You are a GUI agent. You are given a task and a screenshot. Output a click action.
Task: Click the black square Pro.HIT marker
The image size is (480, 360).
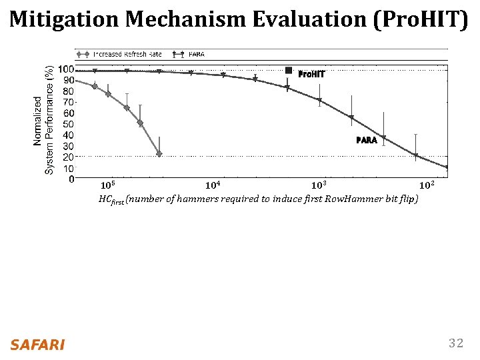coord(289,70)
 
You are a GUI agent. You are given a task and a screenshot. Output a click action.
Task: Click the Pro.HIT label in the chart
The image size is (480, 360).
coord(311,73)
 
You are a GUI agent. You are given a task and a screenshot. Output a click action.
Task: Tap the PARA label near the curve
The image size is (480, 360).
coord(367,141)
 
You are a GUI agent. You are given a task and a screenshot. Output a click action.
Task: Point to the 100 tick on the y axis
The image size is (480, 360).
coord(65,69)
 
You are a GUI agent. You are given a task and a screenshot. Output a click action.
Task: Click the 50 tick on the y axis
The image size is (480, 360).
coord(68,124)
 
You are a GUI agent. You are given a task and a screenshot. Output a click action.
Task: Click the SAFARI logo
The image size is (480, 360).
coord(37,345)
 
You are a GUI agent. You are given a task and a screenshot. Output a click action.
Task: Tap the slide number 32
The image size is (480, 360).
coord(456,343)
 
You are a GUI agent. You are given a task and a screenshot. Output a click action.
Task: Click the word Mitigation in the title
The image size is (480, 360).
coord(65,20)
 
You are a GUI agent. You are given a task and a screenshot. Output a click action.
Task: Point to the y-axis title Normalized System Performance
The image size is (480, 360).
coord(44,120)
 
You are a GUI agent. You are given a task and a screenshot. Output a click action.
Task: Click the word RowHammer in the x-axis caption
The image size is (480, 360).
coord(361,199)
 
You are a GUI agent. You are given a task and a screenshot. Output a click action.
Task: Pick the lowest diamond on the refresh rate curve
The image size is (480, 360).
coord(159,154)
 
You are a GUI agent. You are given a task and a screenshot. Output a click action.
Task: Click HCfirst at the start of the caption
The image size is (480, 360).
coord(111,199)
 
